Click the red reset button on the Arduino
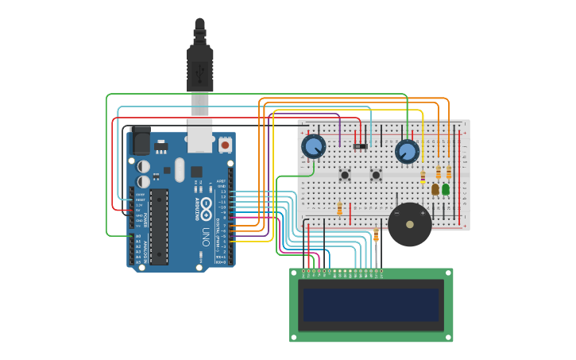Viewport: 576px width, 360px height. pos(225,145)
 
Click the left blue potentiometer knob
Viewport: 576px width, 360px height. pos(314,146)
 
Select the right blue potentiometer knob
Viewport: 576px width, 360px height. pos(407,151)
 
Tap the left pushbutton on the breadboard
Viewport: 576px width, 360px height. pos(346,174)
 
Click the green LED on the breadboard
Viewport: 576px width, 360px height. pos(446,189)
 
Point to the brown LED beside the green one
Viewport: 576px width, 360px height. pos(435,189)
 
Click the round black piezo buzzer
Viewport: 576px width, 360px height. pos(408,225)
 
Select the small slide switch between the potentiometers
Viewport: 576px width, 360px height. pos(361,146)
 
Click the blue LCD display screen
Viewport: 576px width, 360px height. pos(371,304)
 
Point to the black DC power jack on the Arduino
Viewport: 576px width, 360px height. pos(141,141)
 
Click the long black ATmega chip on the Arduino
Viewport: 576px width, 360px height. pos(159,226)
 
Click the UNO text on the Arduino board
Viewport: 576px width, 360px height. pos(204,236)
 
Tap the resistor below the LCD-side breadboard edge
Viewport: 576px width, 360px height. pos(376,235)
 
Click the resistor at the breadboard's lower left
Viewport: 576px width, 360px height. pos(340,209)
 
